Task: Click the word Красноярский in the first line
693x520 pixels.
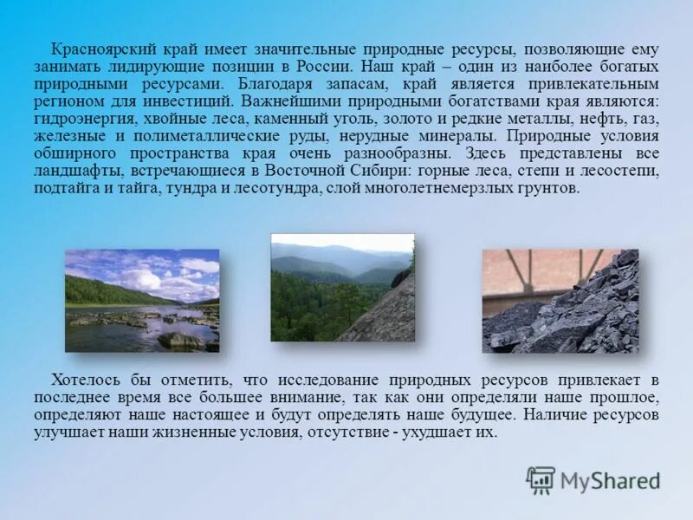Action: tap(98, 49)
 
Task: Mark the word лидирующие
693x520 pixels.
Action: tap(143, 67)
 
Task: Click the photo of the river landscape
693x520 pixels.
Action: tap(142, 301)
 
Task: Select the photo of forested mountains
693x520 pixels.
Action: tap(342, 287)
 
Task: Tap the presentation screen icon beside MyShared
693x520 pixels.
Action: tap(541, 480)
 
